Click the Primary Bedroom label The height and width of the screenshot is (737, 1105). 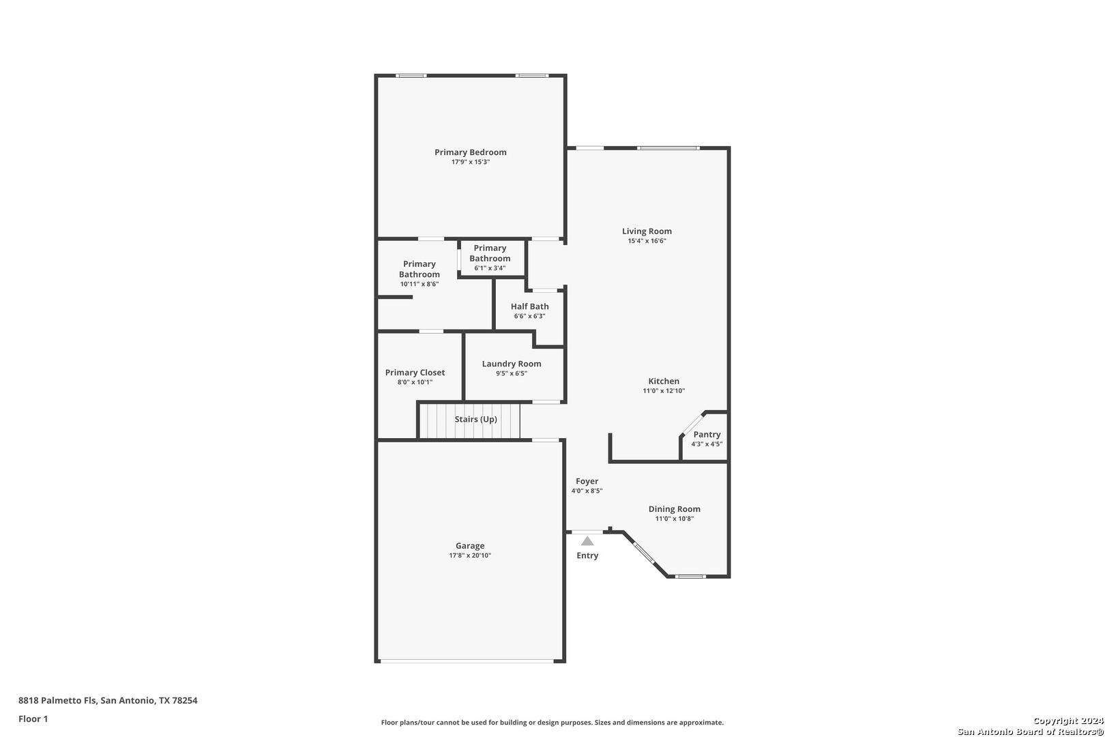(470, 152)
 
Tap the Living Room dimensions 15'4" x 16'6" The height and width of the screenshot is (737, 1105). (647, 241)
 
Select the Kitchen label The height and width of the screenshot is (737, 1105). (664, 381)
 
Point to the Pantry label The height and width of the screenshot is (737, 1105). (707, 435)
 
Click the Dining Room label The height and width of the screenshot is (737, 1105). (675, 509)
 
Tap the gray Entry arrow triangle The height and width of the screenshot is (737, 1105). (587, 540)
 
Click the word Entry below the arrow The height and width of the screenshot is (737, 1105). (587, 555)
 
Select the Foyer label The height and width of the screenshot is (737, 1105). (587, 481)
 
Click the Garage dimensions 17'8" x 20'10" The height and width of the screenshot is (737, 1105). (470, 555)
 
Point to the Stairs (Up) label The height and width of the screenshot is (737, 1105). (475, 419)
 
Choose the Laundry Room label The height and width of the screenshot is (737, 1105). (512, 364)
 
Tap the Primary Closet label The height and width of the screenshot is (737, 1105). (415, 373)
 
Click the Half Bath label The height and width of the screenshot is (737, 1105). (530, 306)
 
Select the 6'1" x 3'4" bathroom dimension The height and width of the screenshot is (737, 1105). (490, 268)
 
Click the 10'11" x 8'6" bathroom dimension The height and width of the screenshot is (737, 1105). (419, 284)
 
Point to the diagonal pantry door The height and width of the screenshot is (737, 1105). (692, 424)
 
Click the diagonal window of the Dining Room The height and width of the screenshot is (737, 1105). (644, 553)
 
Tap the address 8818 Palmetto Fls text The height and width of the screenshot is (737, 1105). (57, 700)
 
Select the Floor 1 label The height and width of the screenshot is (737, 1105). (33, 719)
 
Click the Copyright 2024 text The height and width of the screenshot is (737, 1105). (1068, 721)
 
